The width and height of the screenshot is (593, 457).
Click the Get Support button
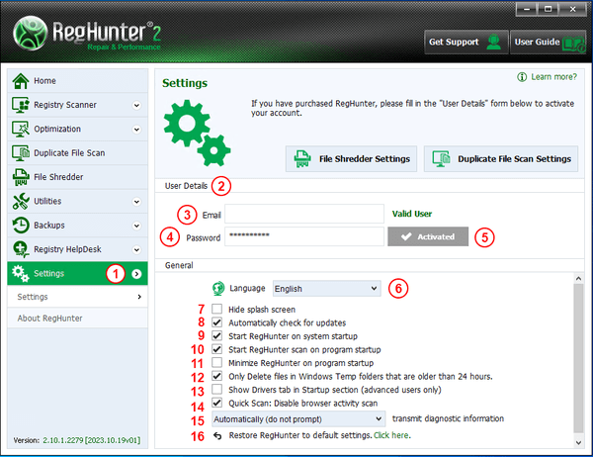coord(466,42)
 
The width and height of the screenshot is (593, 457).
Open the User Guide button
coord(549,42)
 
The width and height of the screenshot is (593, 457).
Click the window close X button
coord(572,9)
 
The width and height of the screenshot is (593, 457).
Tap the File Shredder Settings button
coord(351,159)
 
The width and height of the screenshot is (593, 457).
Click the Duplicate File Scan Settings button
coord(501,159)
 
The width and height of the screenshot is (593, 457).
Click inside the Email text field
coord(304,214)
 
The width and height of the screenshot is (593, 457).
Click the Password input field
coord(304,236)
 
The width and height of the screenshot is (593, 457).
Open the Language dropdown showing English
coord(326,289)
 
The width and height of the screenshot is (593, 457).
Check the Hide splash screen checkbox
coord(217,309)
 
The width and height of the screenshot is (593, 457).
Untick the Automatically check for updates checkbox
coord(217,322)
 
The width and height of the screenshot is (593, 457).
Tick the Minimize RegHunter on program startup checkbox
coord(217,363)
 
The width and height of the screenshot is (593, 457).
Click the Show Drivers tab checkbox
coord(217,389)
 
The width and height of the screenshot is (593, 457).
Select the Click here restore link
coord(391,435)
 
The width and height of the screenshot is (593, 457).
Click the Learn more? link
coord(554,77)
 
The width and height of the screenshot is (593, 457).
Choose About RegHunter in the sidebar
coord(50,319)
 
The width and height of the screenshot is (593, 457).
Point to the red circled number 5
coord(485,237)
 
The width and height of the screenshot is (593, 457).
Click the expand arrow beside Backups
coord(136,226)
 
